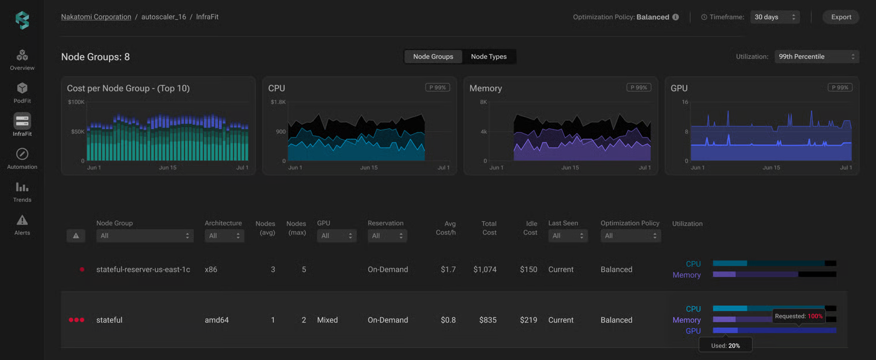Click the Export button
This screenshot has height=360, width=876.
841,17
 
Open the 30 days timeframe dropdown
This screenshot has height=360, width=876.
775,17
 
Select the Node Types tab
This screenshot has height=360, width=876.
489,56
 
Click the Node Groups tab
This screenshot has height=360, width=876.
433,56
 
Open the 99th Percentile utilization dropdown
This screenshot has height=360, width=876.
817,56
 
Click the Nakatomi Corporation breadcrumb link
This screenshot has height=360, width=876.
96,17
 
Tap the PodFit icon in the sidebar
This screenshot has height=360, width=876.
22,88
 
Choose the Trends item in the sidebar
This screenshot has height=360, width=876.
22,192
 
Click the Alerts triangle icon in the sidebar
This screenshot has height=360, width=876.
22,221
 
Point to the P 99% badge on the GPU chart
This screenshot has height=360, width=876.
840,88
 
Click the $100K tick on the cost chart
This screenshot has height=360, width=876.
76,102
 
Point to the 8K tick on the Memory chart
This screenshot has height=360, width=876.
484,102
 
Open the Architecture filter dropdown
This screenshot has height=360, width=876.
225,236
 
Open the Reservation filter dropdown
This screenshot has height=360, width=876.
387,236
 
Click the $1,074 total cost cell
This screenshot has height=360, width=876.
485,270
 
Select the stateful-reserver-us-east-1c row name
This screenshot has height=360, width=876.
143,270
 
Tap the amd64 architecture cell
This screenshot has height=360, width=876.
217,320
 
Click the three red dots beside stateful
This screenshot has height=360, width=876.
76,320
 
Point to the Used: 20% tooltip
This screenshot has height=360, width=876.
725,346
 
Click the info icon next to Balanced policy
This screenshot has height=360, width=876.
675,17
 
